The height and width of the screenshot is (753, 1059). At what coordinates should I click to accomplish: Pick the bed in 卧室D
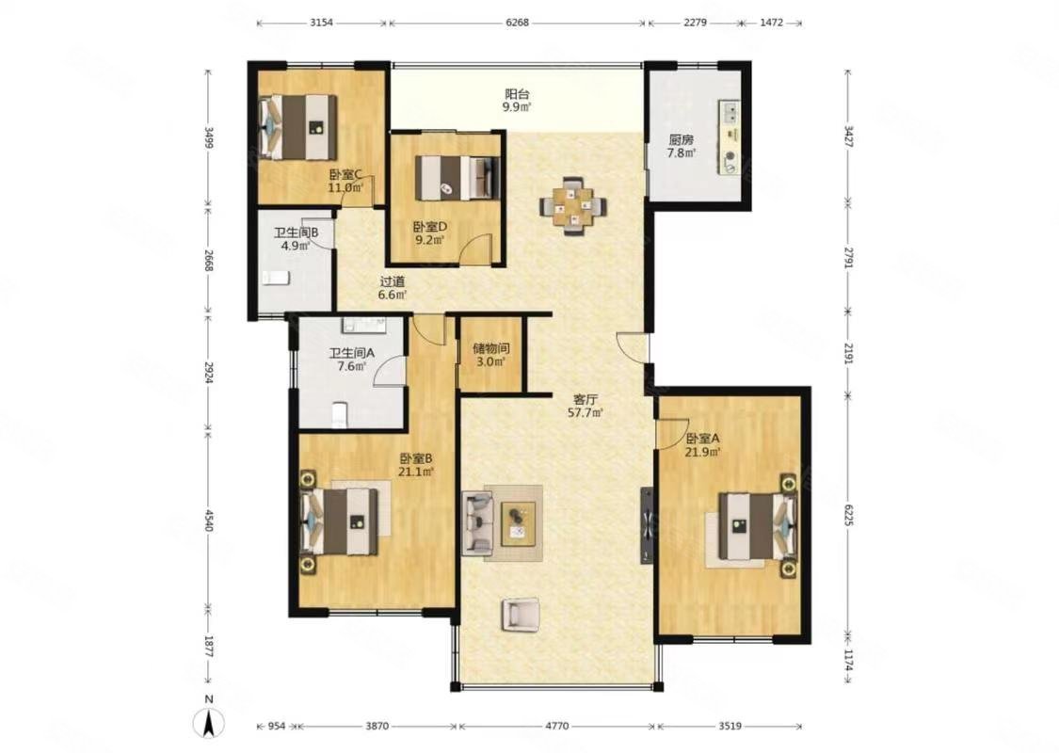pos(456,176)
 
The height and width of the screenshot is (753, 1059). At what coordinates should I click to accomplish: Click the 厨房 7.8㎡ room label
pos(682,146)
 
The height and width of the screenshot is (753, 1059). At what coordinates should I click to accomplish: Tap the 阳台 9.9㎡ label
pos(517,100)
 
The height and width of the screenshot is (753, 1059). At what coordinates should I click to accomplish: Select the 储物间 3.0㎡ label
pos(489,354)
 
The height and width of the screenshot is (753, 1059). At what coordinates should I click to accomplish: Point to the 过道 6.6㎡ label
pos(393,287)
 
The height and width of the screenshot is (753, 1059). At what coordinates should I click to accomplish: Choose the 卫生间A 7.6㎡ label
pos(347,360)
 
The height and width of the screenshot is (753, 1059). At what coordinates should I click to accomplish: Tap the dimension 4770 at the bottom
pos(556,727)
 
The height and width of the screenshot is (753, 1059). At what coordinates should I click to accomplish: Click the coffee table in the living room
pos(518,523)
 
